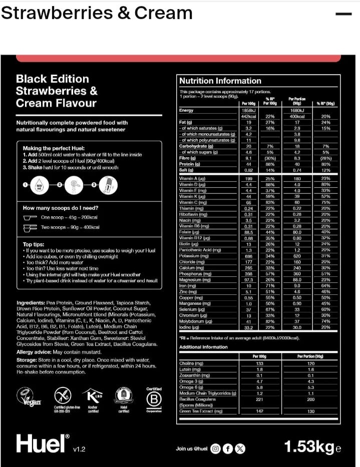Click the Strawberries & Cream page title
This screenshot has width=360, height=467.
pos(96,14)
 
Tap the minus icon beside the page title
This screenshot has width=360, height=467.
pos(343,14)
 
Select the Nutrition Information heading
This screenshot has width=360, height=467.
pos(220,81)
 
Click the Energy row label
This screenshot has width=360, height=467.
pos(186,110)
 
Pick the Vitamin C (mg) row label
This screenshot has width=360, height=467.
pos(193,202)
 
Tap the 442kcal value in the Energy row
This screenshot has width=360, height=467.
pos(248,116)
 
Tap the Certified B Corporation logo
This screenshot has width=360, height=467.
pos(154,398)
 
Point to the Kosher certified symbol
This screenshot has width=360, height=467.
pos(93,396)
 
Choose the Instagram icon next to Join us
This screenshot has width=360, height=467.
pos(216,448)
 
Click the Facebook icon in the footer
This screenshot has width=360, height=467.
pos(228,448)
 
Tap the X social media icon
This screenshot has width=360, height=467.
pos(240,448)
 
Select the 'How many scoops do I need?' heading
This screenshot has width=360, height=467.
pos(61,208)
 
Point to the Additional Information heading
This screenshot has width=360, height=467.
pos(203,347)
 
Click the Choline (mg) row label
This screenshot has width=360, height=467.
pos(191,363)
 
